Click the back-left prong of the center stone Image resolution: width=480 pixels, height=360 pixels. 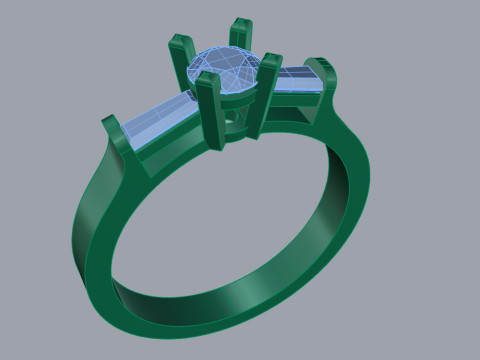click(x=181, y=56)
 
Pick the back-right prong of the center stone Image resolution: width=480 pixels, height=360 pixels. click(x=241, y=36)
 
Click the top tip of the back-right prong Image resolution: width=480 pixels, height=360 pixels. click(x=240, y=21)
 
